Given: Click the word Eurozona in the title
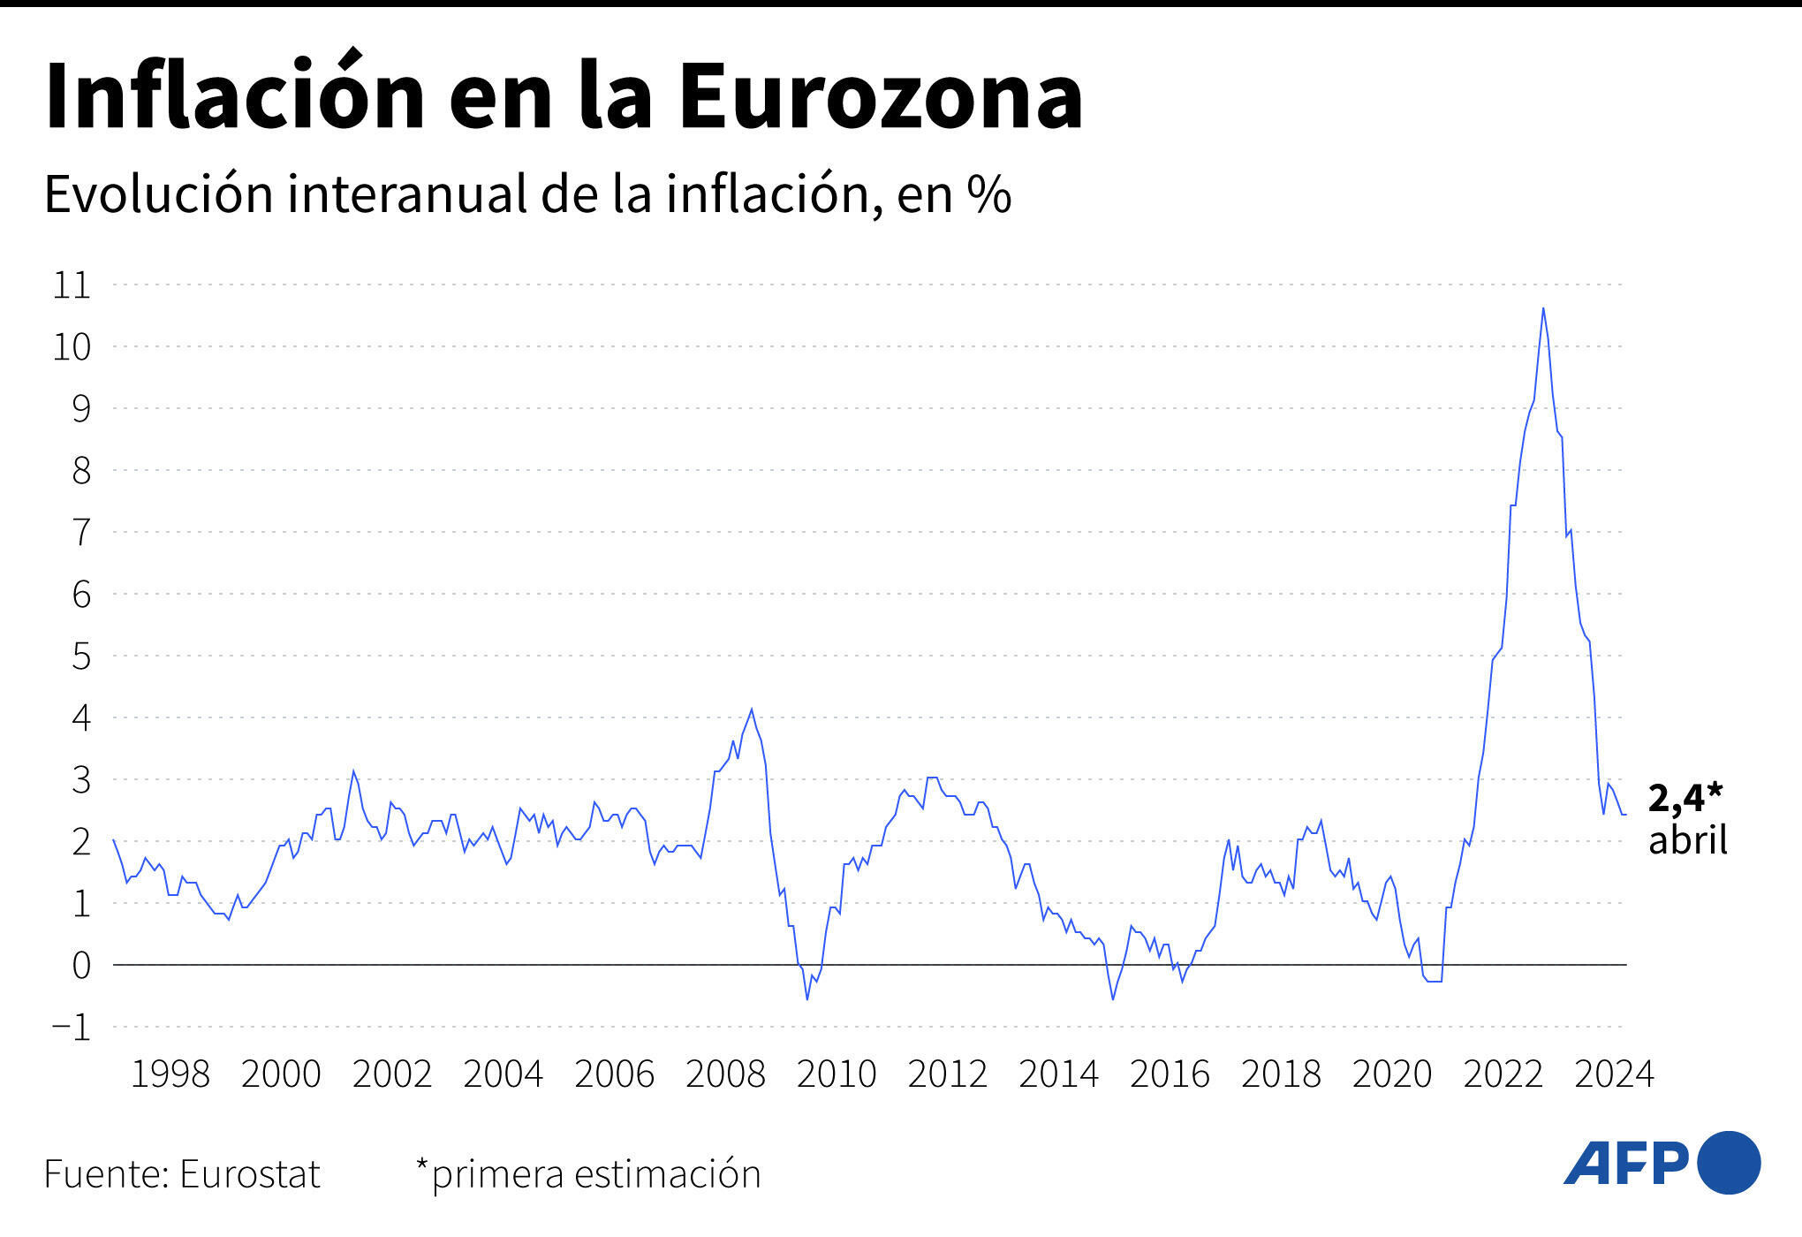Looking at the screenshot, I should pos(880,97).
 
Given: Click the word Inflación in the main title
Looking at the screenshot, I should pos(235,97).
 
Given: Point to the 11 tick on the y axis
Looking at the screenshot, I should pos(72,285).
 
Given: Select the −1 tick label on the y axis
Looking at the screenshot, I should pos(72,1028).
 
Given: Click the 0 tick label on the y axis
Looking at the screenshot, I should pos(81,966).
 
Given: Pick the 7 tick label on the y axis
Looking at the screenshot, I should pos(81,533).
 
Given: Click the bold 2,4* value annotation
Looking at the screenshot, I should pos(1685,798).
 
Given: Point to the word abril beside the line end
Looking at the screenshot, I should pos(1687,839).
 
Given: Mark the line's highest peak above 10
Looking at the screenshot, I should pos(1542,309).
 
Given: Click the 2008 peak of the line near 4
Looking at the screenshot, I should pos(752,710).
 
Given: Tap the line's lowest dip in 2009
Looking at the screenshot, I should pos(807,998).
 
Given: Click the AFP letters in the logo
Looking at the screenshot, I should pos(1626,1164).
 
